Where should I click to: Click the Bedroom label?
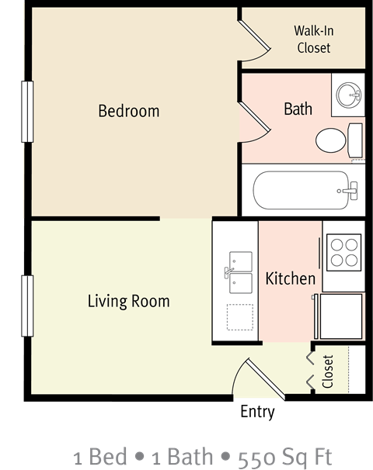click(129, 111)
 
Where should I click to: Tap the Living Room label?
click(128, 301)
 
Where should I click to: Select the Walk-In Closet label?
click(312, 40)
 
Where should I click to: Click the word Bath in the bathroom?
click(298, 109)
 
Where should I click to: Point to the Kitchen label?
click(291, 278)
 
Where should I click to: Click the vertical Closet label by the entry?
click(328, 372)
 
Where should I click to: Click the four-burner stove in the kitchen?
click(343, 251)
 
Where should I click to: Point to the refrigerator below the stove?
click(342, 316)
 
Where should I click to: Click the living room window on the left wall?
click(28, 306)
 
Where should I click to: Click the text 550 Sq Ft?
click(292, 455)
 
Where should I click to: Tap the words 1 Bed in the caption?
click(100, 455)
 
